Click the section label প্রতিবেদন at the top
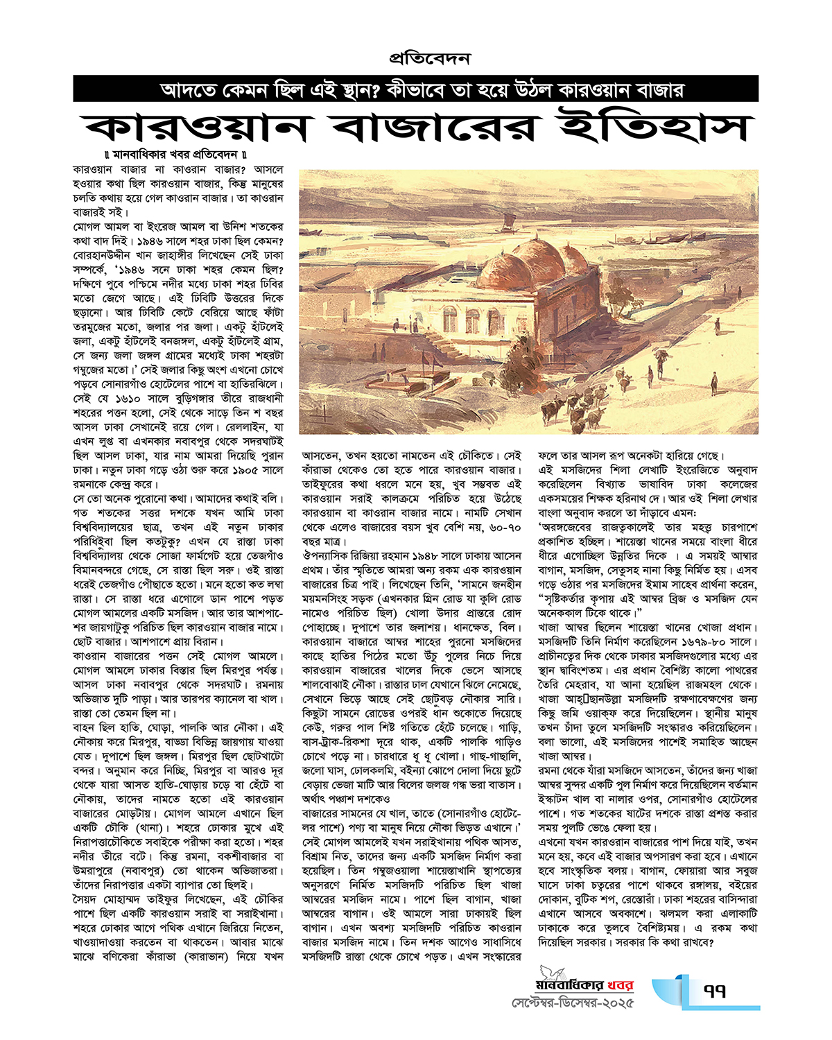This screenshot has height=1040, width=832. tap(429, 58)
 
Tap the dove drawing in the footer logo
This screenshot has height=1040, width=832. tap(554, 973)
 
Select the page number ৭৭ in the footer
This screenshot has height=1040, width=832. tap(713, 991)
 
